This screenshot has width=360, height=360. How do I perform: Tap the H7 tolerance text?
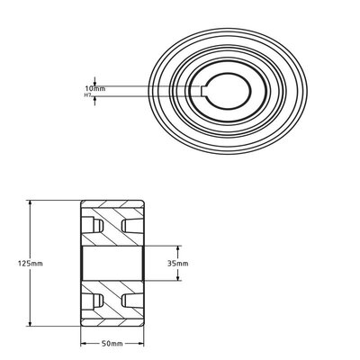point(88,94)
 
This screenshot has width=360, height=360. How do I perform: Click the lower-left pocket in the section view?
point(90,300)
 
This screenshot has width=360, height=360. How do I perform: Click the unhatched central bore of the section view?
point(112,262)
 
